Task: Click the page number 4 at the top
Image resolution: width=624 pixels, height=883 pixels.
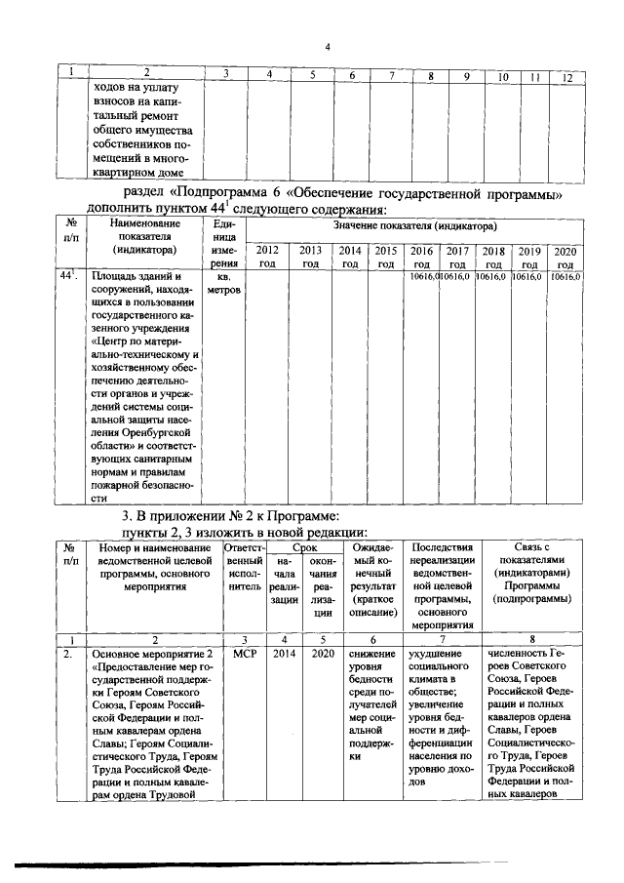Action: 328,47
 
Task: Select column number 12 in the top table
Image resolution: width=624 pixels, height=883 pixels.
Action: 566,76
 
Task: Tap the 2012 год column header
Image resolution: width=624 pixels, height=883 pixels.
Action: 266,257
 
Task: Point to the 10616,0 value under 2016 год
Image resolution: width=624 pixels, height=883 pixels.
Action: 421,278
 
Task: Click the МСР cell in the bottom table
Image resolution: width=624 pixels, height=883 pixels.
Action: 244,654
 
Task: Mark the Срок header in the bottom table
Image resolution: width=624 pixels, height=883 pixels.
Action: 304,549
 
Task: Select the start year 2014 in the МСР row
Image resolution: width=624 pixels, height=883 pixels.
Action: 284,654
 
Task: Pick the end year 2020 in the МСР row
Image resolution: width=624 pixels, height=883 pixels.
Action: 324,654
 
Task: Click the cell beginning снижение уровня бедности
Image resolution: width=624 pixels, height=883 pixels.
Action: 370,702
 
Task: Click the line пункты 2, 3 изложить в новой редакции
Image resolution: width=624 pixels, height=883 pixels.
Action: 241,532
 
